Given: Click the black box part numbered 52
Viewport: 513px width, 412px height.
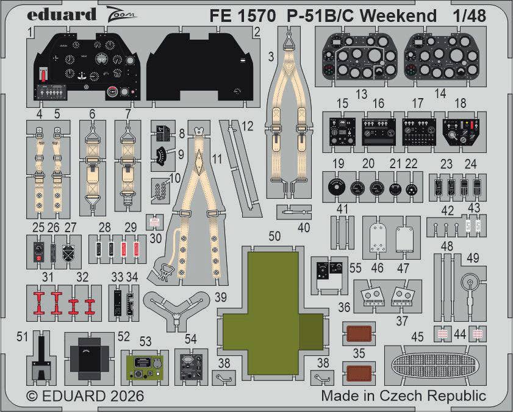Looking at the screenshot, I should click(90, 358).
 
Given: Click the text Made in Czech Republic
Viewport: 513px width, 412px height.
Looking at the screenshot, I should click(403, 396).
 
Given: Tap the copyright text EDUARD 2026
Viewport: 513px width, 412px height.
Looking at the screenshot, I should click(85, 396).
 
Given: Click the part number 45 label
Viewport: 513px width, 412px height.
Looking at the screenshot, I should click(417, 336).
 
